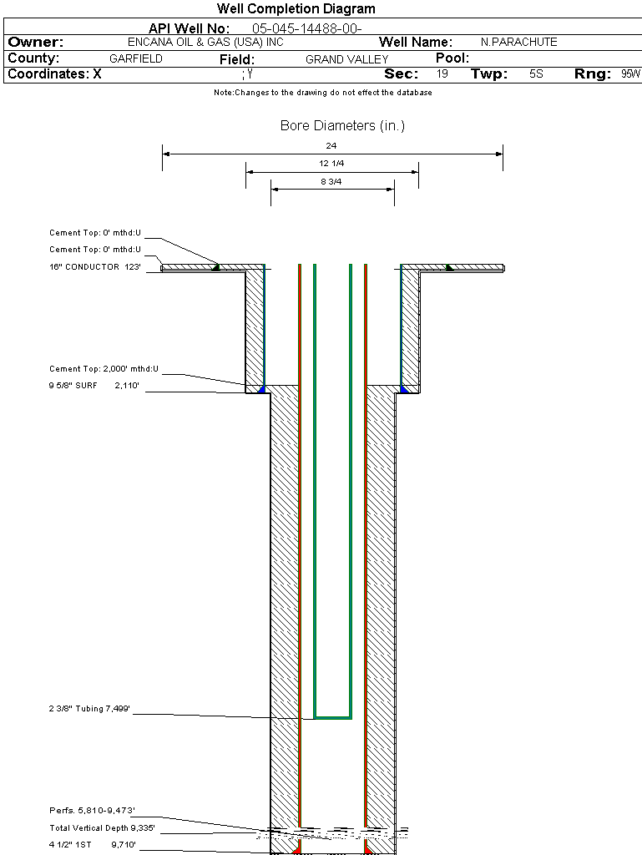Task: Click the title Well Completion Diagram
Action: tap(296, 8)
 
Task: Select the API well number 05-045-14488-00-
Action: tap(307, 28)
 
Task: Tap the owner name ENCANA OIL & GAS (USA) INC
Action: tap(205, 42)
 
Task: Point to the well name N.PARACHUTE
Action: tap(518, 42)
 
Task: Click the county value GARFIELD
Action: tap(136, 58)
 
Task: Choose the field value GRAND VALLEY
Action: tap(346, 59)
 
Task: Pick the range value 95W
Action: tap(630, 73)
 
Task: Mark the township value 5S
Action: tap(536, 73)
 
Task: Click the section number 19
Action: tap(442, 73)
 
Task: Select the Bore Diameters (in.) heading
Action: tap(342, 125)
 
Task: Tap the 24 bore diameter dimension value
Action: tap(331, 145)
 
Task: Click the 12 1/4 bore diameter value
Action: tap(331, 163)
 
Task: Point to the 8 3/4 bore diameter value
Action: tap(331, 181)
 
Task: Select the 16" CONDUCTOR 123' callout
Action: tap(95, 266)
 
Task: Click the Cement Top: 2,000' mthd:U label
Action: tap(104, 368)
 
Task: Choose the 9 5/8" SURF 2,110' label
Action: tap(94, 385)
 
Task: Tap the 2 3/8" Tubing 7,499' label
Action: tap(89, 708)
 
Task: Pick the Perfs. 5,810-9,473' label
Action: tap(92, 810)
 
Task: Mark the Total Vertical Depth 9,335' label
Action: tap(102, 827)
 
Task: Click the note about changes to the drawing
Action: tap(322, 93)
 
